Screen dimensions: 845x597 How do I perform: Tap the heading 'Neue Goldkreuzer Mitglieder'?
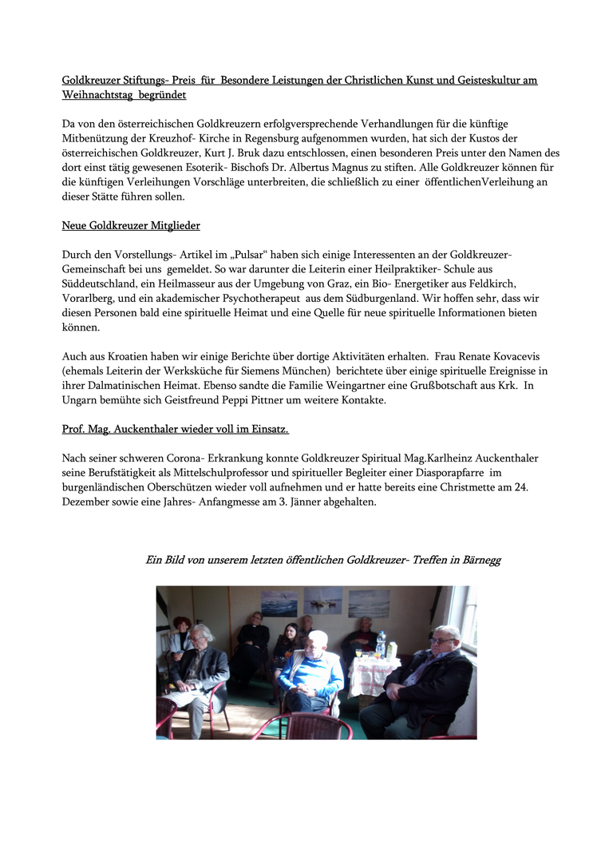pyautogui.click(x=131, y=226)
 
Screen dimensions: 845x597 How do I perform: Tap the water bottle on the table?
pyautogui.click(x=381, y=644)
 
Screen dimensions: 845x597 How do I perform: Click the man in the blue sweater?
pyautogui.click(x=314, y=671)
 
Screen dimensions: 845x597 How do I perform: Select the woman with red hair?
pyautogui.click(x=182, y=631)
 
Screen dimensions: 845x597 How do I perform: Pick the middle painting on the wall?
pyautogui.click(x=323, y=600)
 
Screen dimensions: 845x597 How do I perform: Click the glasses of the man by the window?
pyautogui.click(x=441, y=641)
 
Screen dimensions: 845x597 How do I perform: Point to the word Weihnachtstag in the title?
pyautogui.click(x=101, y=95)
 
